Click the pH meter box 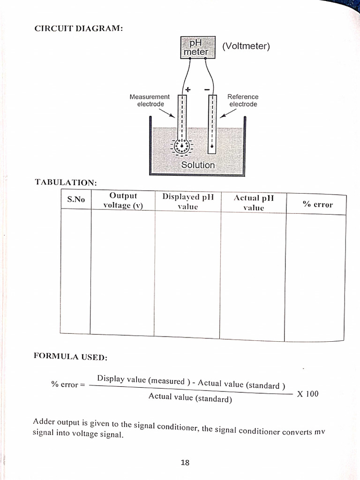coord(198,47)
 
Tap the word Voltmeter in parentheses coord(246,46)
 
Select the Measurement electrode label coord(150,100)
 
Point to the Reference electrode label coord(243,100)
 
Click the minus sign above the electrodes coord(207,89)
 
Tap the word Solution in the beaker coord(198,165)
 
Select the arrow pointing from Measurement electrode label coord(166,114)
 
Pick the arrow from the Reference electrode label coord(228,114)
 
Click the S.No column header coord(76,199)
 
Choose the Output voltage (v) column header coord(123,201)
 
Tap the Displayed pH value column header coord(187,202)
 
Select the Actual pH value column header coord(254,202)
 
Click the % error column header coord(317,204)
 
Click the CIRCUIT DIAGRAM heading coord(79,29)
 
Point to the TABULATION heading coord(66,182)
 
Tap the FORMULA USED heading coord(70,357)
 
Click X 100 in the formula coord(307,394)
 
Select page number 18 coord(185,463)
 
